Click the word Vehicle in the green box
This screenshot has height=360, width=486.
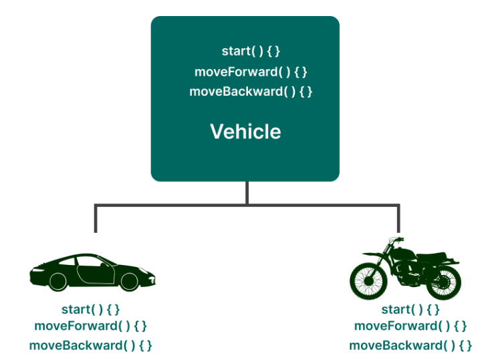coord(245,131)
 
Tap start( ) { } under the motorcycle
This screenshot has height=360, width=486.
coord(410,309)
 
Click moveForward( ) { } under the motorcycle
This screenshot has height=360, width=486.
coord(410,326)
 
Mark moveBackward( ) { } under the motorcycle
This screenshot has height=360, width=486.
coord(410,345)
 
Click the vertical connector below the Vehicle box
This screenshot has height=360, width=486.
coord(247,193)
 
